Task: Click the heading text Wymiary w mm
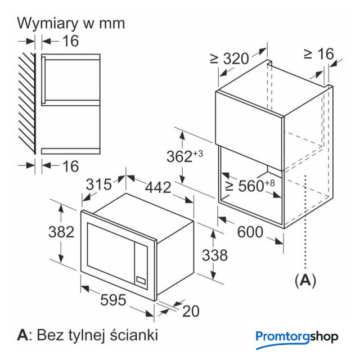click(71, 24)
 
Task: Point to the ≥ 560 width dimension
click(245, 186)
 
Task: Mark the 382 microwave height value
click(60, 232)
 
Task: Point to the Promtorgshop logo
click(297, 337)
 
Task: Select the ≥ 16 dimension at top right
click(318, 54)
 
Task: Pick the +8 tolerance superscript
click(269, 182)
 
